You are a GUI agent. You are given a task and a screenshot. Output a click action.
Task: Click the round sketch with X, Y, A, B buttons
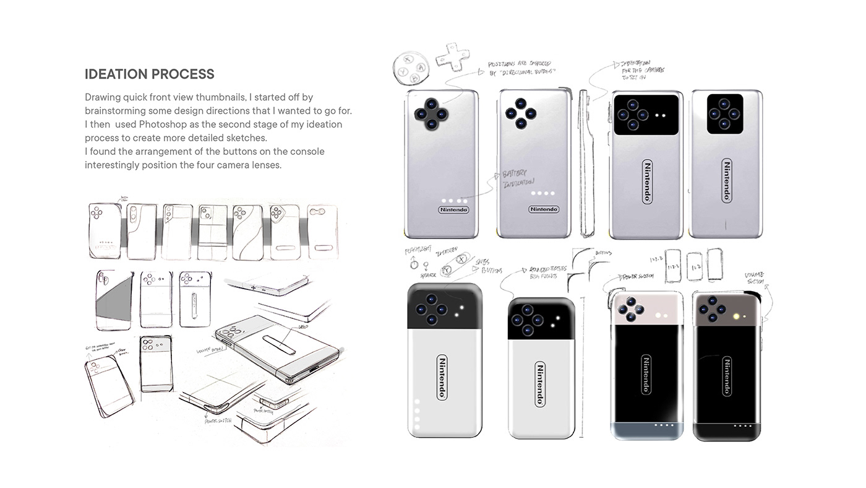[x=411, y=63]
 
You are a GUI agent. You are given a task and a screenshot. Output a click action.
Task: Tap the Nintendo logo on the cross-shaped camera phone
[x=453, y=209]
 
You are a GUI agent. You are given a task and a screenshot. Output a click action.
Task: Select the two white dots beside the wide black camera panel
[x=659, y=115]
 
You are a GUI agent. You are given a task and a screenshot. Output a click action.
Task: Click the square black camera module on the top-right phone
[x=726, y=115]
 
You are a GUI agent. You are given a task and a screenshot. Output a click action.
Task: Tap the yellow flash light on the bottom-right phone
[x=737, y=316]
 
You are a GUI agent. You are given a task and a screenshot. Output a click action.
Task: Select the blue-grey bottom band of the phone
[x=646, y=431]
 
